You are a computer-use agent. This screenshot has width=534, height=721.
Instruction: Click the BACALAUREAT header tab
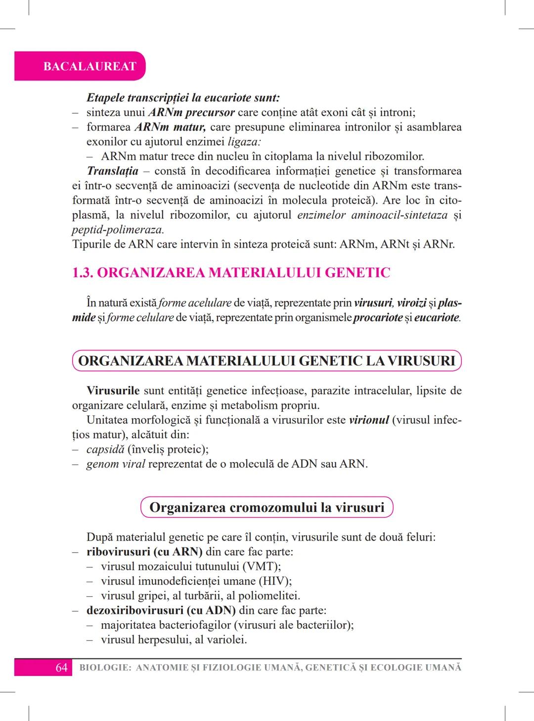coord(89,66)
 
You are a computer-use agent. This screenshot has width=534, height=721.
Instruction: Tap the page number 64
coord(61,668)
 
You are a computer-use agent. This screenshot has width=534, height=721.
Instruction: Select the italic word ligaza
coord(243,142)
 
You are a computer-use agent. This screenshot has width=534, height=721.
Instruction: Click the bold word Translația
coord(112,171)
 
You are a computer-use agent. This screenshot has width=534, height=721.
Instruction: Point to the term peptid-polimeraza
coord(118,230)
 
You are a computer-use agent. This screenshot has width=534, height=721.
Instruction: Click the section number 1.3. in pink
coord(83,273)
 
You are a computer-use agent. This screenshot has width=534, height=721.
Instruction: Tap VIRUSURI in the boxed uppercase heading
coord(421,360)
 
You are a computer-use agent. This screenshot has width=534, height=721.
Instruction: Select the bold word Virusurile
coord(113,390)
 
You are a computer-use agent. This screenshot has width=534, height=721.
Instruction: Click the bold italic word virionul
coord(369,420)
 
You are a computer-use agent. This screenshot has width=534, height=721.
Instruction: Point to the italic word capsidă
coord(105,449)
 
